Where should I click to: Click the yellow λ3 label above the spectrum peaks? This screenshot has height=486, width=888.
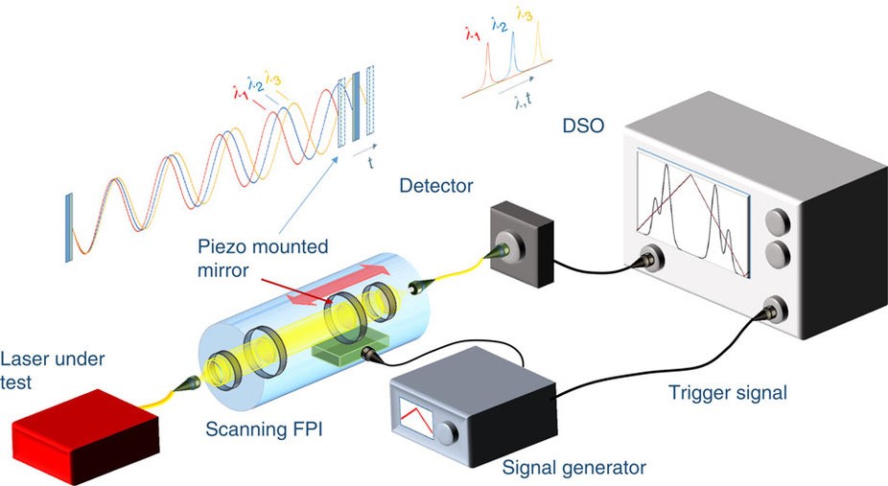(x=524, y=13)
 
